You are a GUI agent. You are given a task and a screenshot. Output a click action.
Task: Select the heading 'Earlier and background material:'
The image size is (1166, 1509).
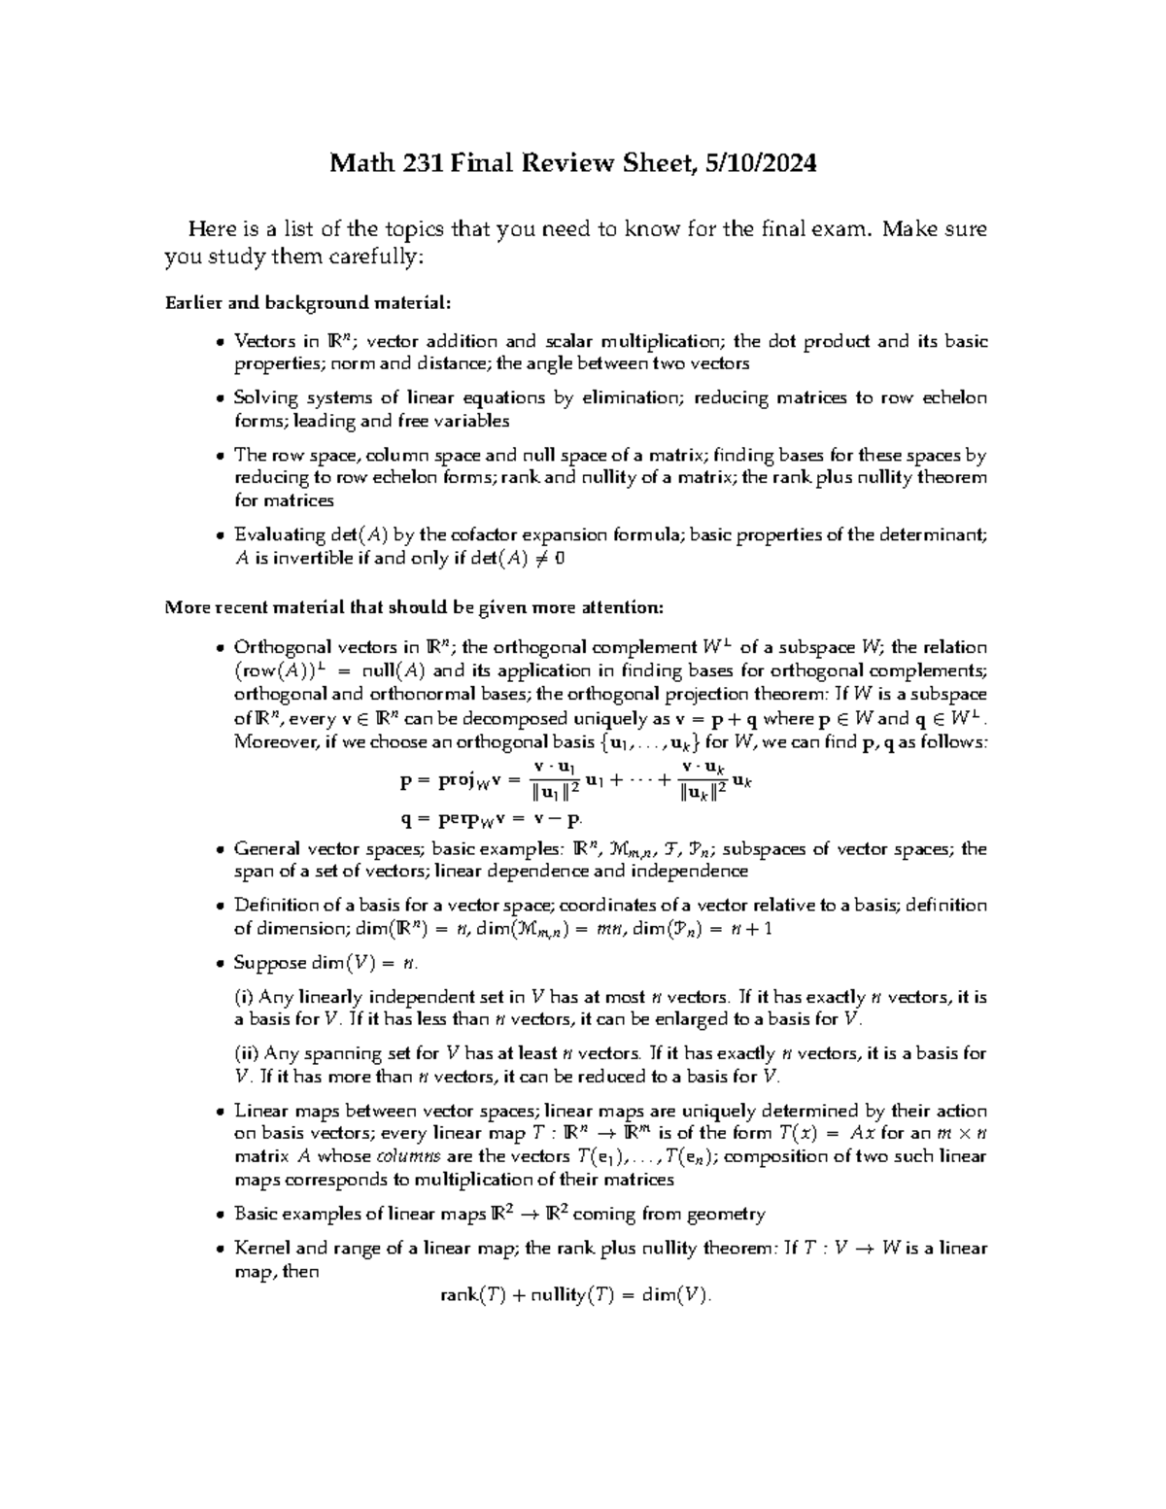(x=309, y=302)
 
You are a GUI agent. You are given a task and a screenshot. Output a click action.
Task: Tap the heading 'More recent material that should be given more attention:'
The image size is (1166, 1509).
(x=415, y=607)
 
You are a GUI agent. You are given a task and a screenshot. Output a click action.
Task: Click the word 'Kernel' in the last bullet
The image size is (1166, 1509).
(x=261, y=1249)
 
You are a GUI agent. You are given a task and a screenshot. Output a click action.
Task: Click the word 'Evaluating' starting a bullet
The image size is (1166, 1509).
(x=280, y=534)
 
